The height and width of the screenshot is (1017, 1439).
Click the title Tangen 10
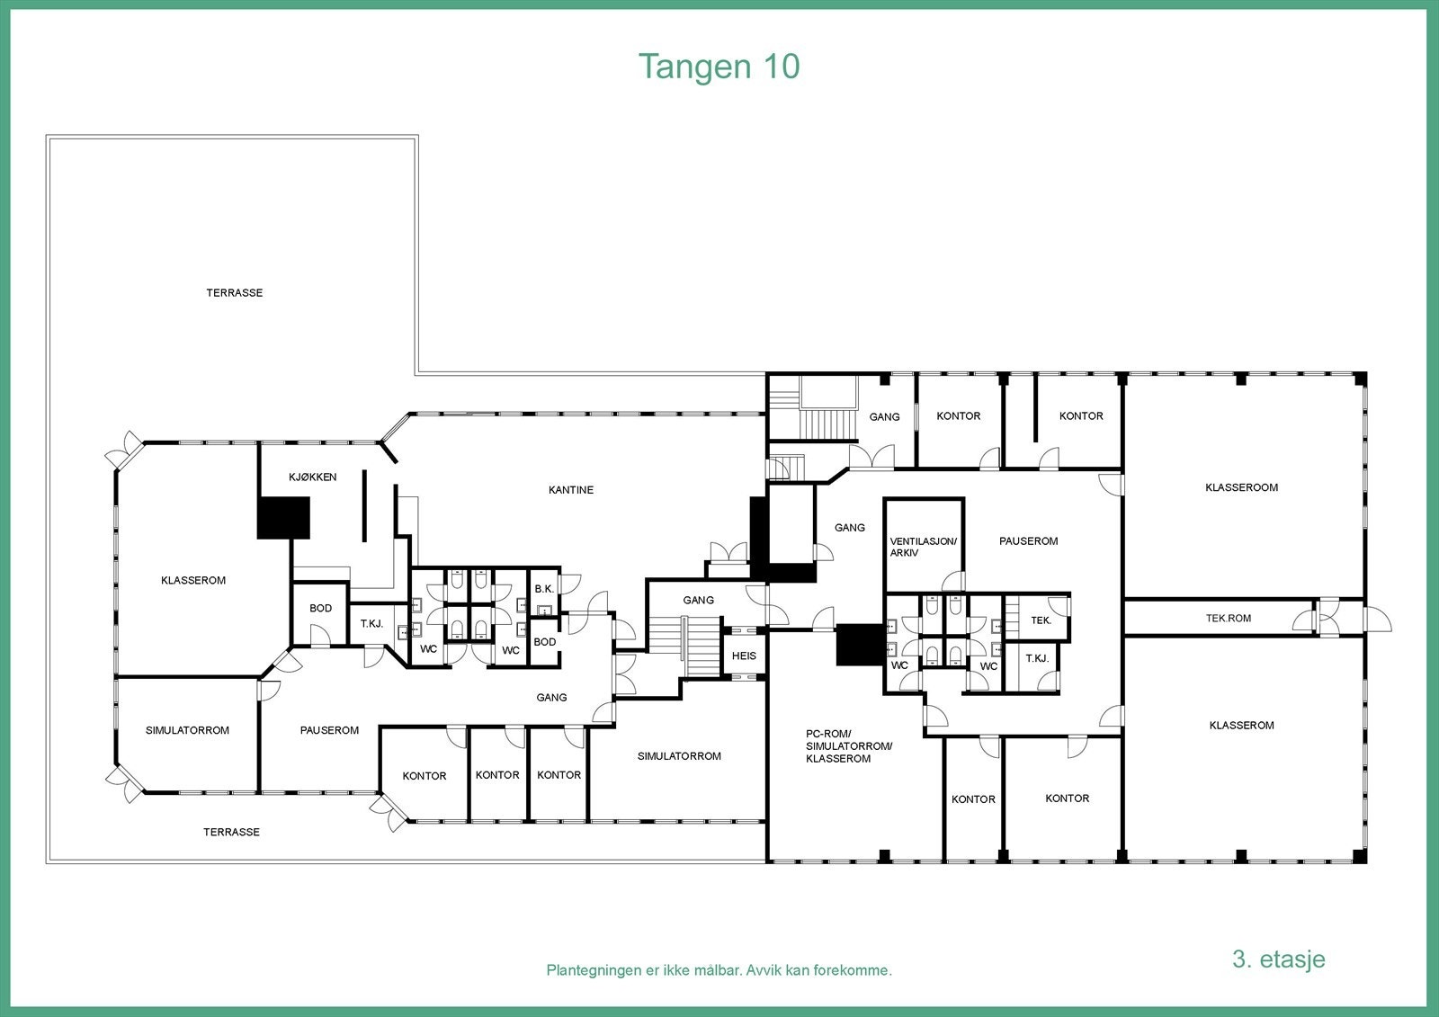pyautogui.click(x=719, y=67)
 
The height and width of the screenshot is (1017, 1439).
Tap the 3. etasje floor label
pyautogui.click(x=1278, y=959)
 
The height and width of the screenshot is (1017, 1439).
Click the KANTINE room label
pyautogui.click(x=571, y=490)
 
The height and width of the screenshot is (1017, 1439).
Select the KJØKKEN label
pyautogui.click(x=312, y=477)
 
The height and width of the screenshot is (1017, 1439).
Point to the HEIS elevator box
pyautogui.click(x=744, y=656)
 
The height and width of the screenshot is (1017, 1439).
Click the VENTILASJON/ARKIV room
pyautogui.click(x=923, y=547)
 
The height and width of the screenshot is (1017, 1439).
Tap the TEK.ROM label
pyautogui.click(x=1228, y=619)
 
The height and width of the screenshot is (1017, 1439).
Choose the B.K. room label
pyautogui.click(x=544, y=589)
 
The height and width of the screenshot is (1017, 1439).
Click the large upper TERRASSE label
pyautogui.click(x=234, y=293)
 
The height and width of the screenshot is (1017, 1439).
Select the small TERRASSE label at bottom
pyautogui.click(x=231, y=833)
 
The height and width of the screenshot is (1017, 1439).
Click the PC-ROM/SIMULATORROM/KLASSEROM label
pyautogui.click(x=836, y=746)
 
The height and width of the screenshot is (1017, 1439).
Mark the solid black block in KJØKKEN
pyautogui.click(x=283, y=519)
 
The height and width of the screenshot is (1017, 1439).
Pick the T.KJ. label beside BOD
pyautogui.click(x=371, y=623)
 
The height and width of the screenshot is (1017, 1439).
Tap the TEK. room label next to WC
pyautogui.click(x=1041, y=620)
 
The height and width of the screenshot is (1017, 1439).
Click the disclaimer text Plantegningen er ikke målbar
pyautogui.click(x=719, y=970)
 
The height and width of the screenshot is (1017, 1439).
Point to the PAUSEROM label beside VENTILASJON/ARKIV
pyautogui.click(x=1028, y=541)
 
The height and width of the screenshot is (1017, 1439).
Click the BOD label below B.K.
pyautogui.click(x=544, y=642)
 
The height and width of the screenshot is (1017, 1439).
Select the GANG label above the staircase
pyautogui.click(x=698, y=600)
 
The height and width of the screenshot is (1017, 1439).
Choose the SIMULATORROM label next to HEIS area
pyautogui.click(x=679, y=756)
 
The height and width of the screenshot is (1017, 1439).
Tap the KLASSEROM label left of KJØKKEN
pyautogui.click(x=193, y=581)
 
